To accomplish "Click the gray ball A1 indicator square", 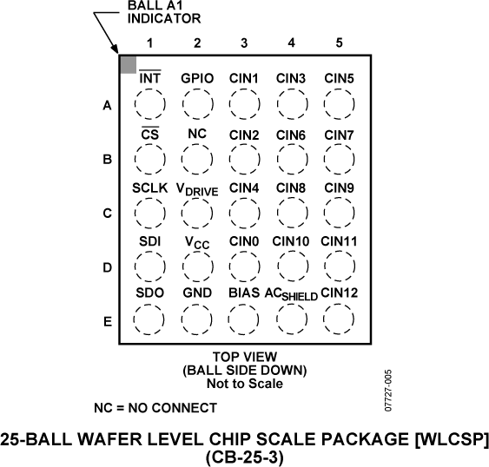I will (128, 65).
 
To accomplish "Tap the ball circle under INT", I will (149, 105).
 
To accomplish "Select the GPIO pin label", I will (197, 78).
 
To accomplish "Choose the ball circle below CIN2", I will (245, 160).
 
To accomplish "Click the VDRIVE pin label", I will (197, 188).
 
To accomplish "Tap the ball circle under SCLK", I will (149, 213).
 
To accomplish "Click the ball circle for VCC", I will (197, 266).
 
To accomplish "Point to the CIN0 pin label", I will (245, 240).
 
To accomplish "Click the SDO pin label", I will (149, 293).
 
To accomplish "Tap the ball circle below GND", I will (197, 320).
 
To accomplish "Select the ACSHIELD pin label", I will (291, 295).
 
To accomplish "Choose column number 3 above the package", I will (245, 43).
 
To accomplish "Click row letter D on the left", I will (107, 267).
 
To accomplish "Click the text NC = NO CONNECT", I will (155, 407).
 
